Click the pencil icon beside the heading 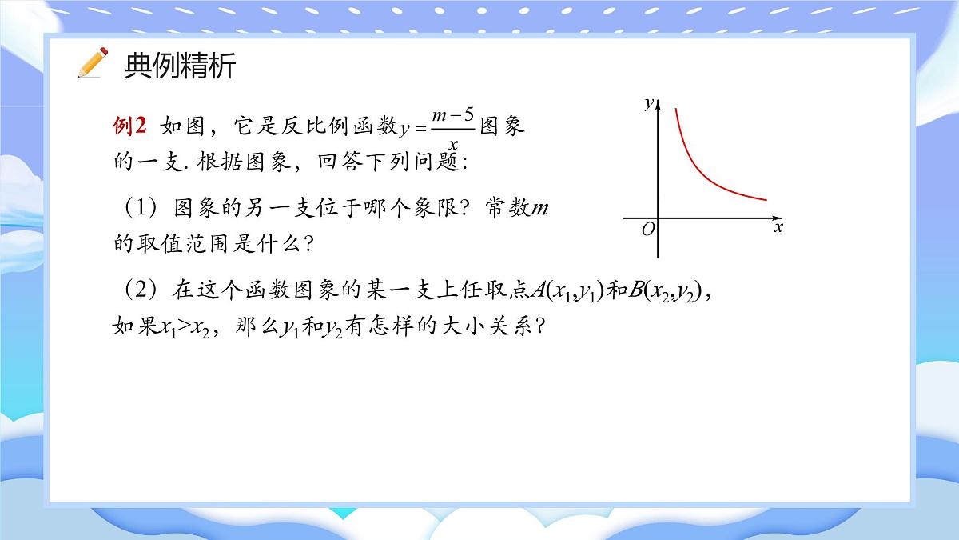click(93, 63)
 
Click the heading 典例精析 click(181, 66)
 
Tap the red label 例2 click(130, 126)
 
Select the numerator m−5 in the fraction click(453, 117)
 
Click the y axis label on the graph click(648, 102)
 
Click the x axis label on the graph click(778, 228)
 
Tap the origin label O click(648, 229)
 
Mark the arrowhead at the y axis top click(658, 101)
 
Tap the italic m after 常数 click(541, 209)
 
